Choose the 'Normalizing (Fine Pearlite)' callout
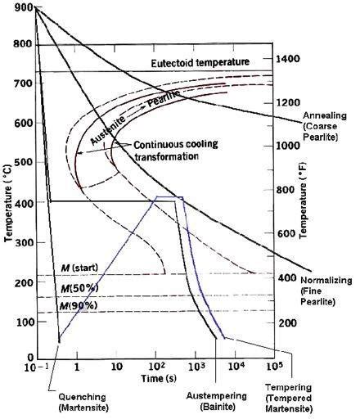327,291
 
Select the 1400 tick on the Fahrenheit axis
290,60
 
